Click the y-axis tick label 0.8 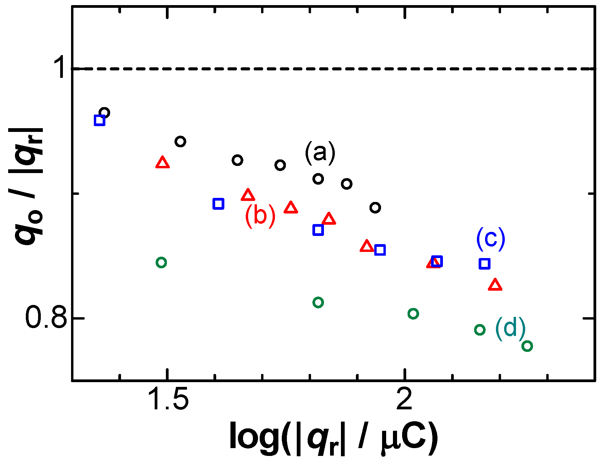tap(46, 318)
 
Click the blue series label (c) tap(491, 239)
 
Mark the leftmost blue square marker tap(100, 120)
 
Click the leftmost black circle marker tap(104, 113)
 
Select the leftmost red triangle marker tap(162, 163)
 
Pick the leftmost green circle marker tap(161, 262)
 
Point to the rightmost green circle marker tap(527, 346)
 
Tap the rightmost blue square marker tap(484, 263)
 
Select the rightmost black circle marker tap(375, 207)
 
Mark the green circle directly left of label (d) tap(480, 329)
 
